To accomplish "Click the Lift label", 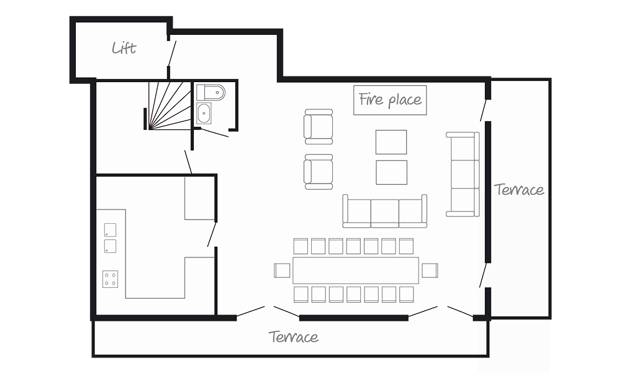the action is point(124,48).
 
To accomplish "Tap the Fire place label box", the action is point(390,100).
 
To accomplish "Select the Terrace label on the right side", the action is point(519,190).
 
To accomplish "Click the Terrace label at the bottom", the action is point(294,336).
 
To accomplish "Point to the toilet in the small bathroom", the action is point(211,93).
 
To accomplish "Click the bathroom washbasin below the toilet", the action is point(204,113).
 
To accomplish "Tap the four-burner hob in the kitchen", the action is point(110,279).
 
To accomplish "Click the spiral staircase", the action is point(170,106).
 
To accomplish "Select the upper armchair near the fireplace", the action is point(319,126).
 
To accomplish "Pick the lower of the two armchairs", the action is point(319,172).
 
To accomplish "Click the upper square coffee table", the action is point(391,142).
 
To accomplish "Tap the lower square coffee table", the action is point(391,172).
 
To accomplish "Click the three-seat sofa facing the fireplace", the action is point(385,211).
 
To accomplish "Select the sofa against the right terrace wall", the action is point(463,175).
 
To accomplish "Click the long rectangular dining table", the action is point(356,270).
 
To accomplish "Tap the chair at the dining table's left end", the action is point(282,270).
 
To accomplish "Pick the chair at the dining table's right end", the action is point(430,270).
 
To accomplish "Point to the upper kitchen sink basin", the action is point(110,230).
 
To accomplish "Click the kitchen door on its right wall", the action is point(212,234).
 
